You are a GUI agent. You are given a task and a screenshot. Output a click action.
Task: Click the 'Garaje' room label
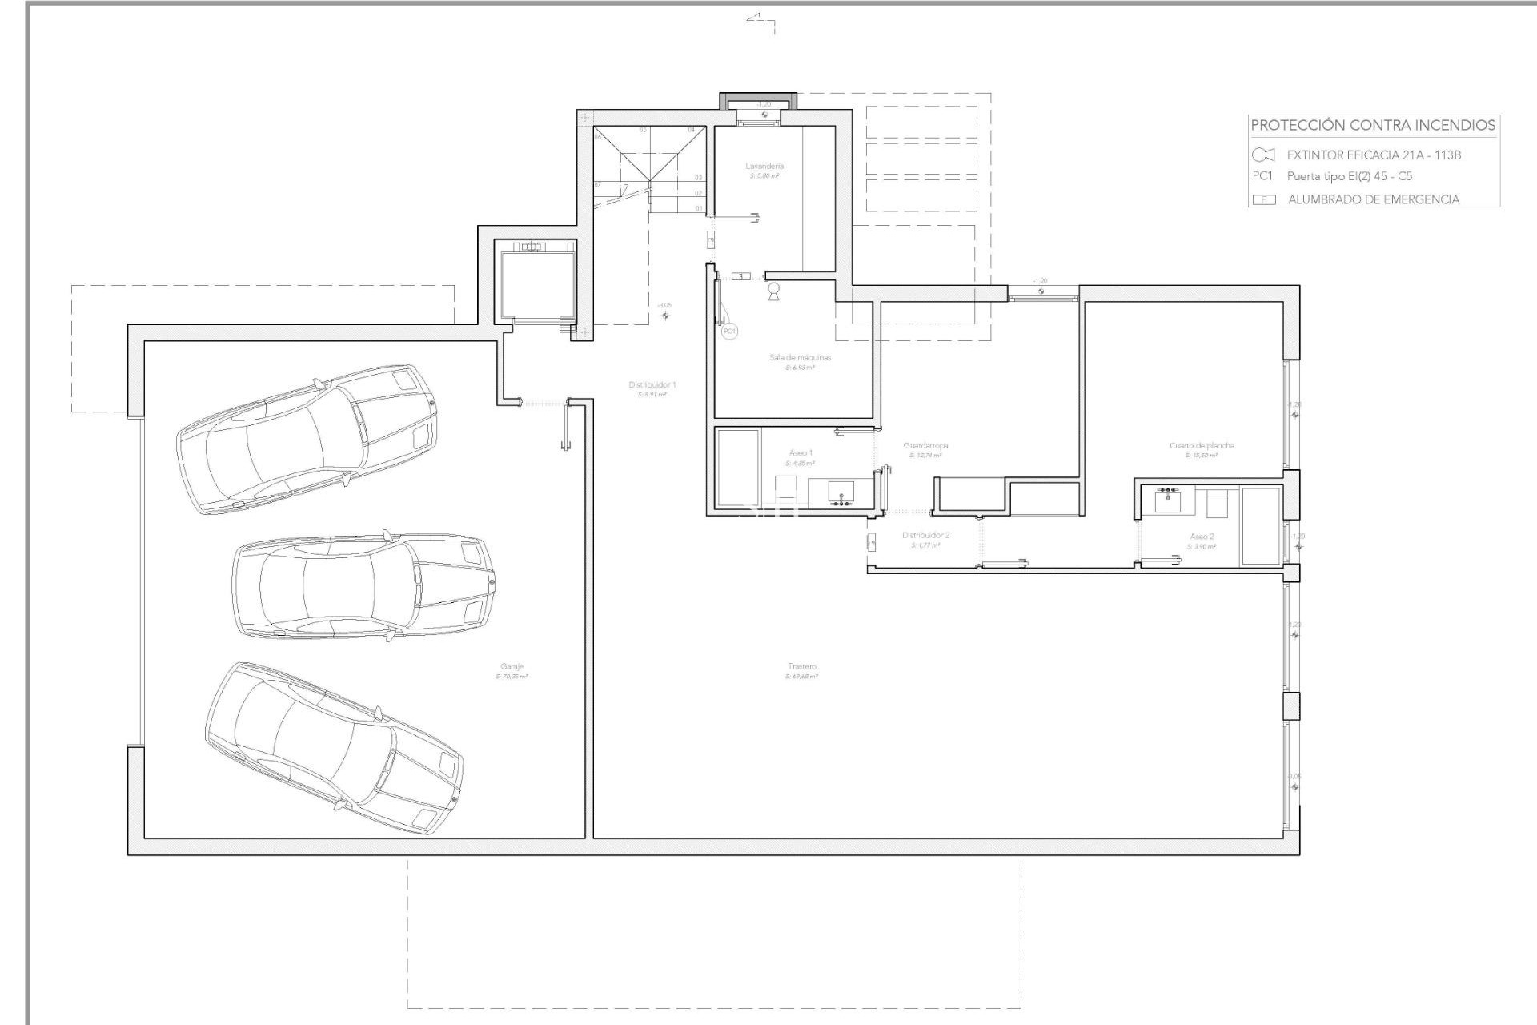coord(512,666)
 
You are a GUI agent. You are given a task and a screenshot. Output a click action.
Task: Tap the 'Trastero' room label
coord(801,666)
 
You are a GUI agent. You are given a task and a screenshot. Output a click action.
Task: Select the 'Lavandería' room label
coord(764,166)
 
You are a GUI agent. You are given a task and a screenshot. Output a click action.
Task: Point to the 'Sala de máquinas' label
coord(800,357)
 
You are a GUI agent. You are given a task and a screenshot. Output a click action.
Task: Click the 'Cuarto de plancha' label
coord(1202,445)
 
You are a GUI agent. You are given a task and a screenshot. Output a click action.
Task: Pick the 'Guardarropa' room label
coord(925,445)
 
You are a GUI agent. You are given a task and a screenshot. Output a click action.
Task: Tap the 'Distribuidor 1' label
coord(652,384)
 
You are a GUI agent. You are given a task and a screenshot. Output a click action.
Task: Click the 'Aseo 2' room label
coord(1202,537)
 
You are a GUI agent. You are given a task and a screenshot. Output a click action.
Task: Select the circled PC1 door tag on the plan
coord(728,331)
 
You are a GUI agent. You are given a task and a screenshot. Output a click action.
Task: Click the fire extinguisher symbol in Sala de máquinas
coord(773,291)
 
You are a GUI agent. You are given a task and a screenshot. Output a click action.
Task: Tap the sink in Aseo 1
coord(841,493)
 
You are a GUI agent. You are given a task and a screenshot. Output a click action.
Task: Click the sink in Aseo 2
coord(1168,500)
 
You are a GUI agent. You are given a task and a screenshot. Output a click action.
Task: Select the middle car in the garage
coord(363,587)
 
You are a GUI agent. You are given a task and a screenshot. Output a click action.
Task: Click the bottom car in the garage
coord(334,748)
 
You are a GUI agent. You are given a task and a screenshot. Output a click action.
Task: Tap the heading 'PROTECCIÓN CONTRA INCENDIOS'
coord(1373,125)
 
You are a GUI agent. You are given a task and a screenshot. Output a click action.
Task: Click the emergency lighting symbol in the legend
coord(1264,199)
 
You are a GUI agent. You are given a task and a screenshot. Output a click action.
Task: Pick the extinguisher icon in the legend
coord(1262,155)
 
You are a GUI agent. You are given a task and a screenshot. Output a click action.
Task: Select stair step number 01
coord(699,208)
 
